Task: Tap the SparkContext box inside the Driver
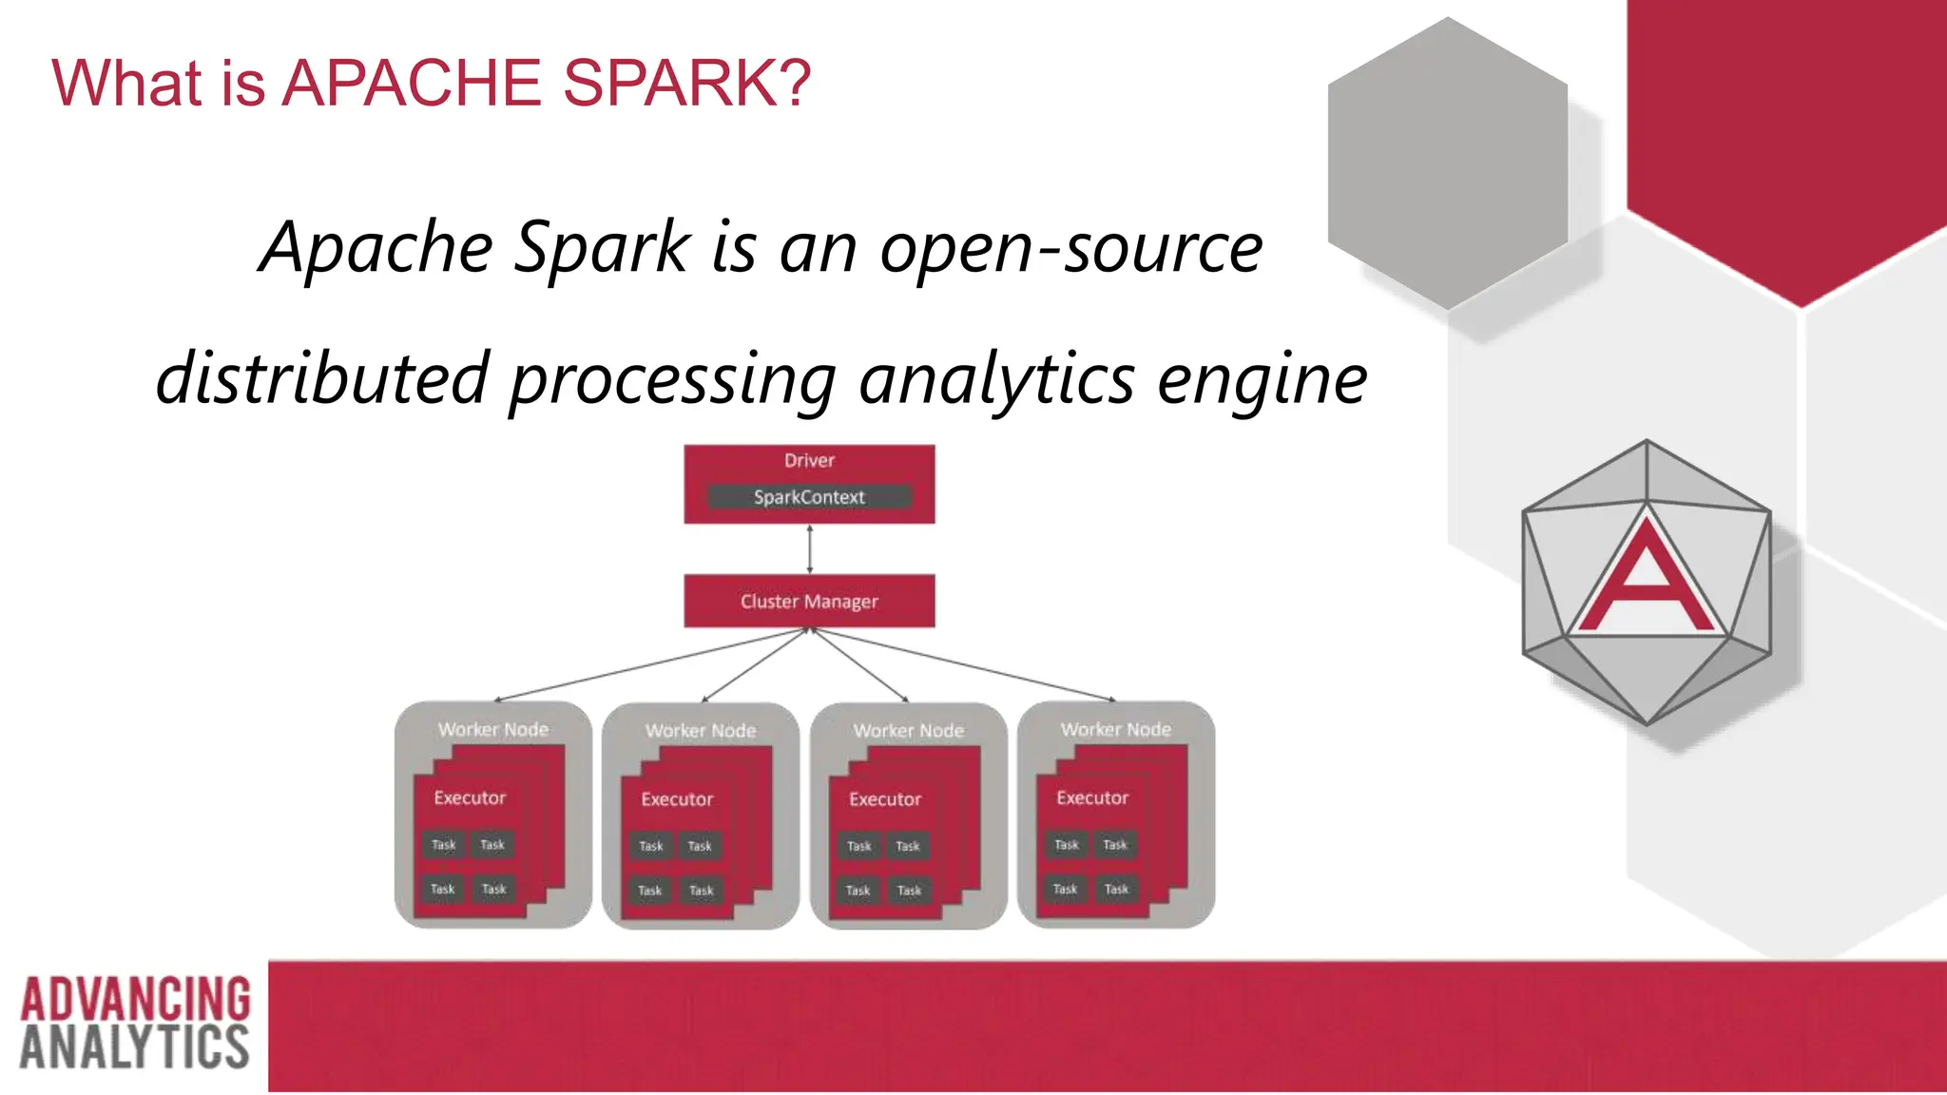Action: click(x=809, y=497)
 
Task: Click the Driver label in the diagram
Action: click(x=809, y=461)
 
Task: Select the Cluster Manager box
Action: click(x=809, y=601)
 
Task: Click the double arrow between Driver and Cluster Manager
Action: click(x=809, y=548)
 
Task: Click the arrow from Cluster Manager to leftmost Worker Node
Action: click(x=646, y=666)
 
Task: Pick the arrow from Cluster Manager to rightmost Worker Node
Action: click(x=970, y=666)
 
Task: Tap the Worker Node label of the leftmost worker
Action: click(x=492, y=730)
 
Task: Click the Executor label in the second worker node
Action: click(x=677, y=799)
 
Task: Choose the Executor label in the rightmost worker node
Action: click(x=1092, y=798)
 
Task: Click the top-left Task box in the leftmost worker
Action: click(x=444, y=845)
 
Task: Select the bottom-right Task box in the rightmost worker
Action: click(x=1116, y=890)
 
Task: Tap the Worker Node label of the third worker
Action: click(x=908, y=731)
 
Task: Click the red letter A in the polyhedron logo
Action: click(x=1647, y=580)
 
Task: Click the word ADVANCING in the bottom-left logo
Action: click(x=135, y=999)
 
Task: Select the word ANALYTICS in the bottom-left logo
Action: click(x=134, y=1047)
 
